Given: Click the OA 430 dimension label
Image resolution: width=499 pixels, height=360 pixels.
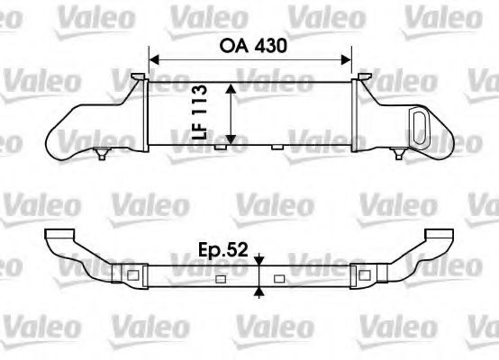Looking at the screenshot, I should (249, 43).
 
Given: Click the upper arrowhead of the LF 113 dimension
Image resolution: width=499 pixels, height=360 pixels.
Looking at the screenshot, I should (232, 88).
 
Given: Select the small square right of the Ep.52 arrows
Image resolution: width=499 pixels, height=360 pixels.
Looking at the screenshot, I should (278, 278).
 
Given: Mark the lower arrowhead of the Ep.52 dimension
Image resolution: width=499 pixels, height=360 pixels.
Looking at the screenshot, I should (260, 289).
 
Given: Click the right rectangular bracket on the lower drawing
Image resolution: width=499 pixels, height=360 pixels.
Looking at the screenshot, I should (367, 274).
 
